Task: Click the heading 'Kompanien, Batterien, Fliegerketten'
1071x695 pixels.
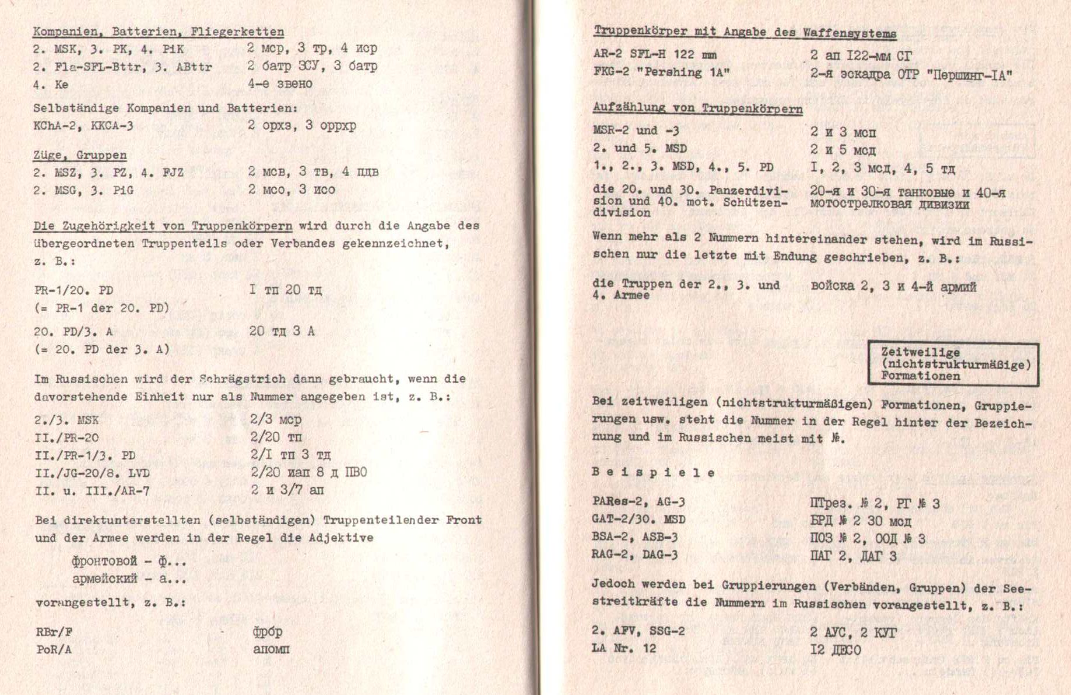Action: (x=158, y=32)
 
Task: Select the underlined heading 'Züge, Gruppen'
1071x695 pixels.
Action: (x=80, y=155)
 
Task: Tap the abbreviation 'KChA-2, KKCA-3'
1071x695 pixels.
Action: (x=83, y=125)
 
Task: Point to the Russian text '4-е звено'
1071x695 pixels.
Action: (x=279, y=84)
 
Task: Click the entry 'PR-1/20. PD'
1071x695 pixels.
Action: (x=74, y=290)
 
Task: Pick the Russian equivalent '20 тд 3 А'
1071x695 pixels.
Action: (x=282, y=331)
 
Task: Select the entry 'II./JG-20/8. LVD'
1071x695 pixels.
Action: (x=92, y=473)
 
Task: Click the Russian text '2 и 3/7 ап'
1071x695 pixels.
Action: (x=287, y=490)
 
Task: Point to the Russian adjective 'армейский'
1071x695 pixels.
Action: (x=105, y=579)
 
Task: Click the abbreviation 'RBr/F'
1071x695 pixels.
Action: (x=54, y=632)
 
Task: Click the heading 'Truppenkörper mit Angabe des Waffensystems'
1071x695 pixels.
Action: (x=745, y=33)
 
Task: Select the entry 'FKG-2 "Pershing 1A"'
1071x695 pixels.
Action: (x=661, y=73)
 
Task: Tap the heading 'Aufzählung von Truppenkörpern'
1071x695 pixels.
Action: (x=697, y=108)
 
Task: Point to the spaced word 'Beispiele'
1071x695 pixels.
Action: (x=653, y=473)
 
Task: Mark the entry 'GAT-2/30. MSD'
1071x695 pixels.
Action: (x=638, y=519)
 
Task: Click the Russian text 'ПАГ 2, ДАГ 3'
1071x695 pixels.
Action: (x=853, y=556)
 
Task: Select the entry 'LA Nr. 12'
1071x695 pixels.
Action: (x=624, y=648)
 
